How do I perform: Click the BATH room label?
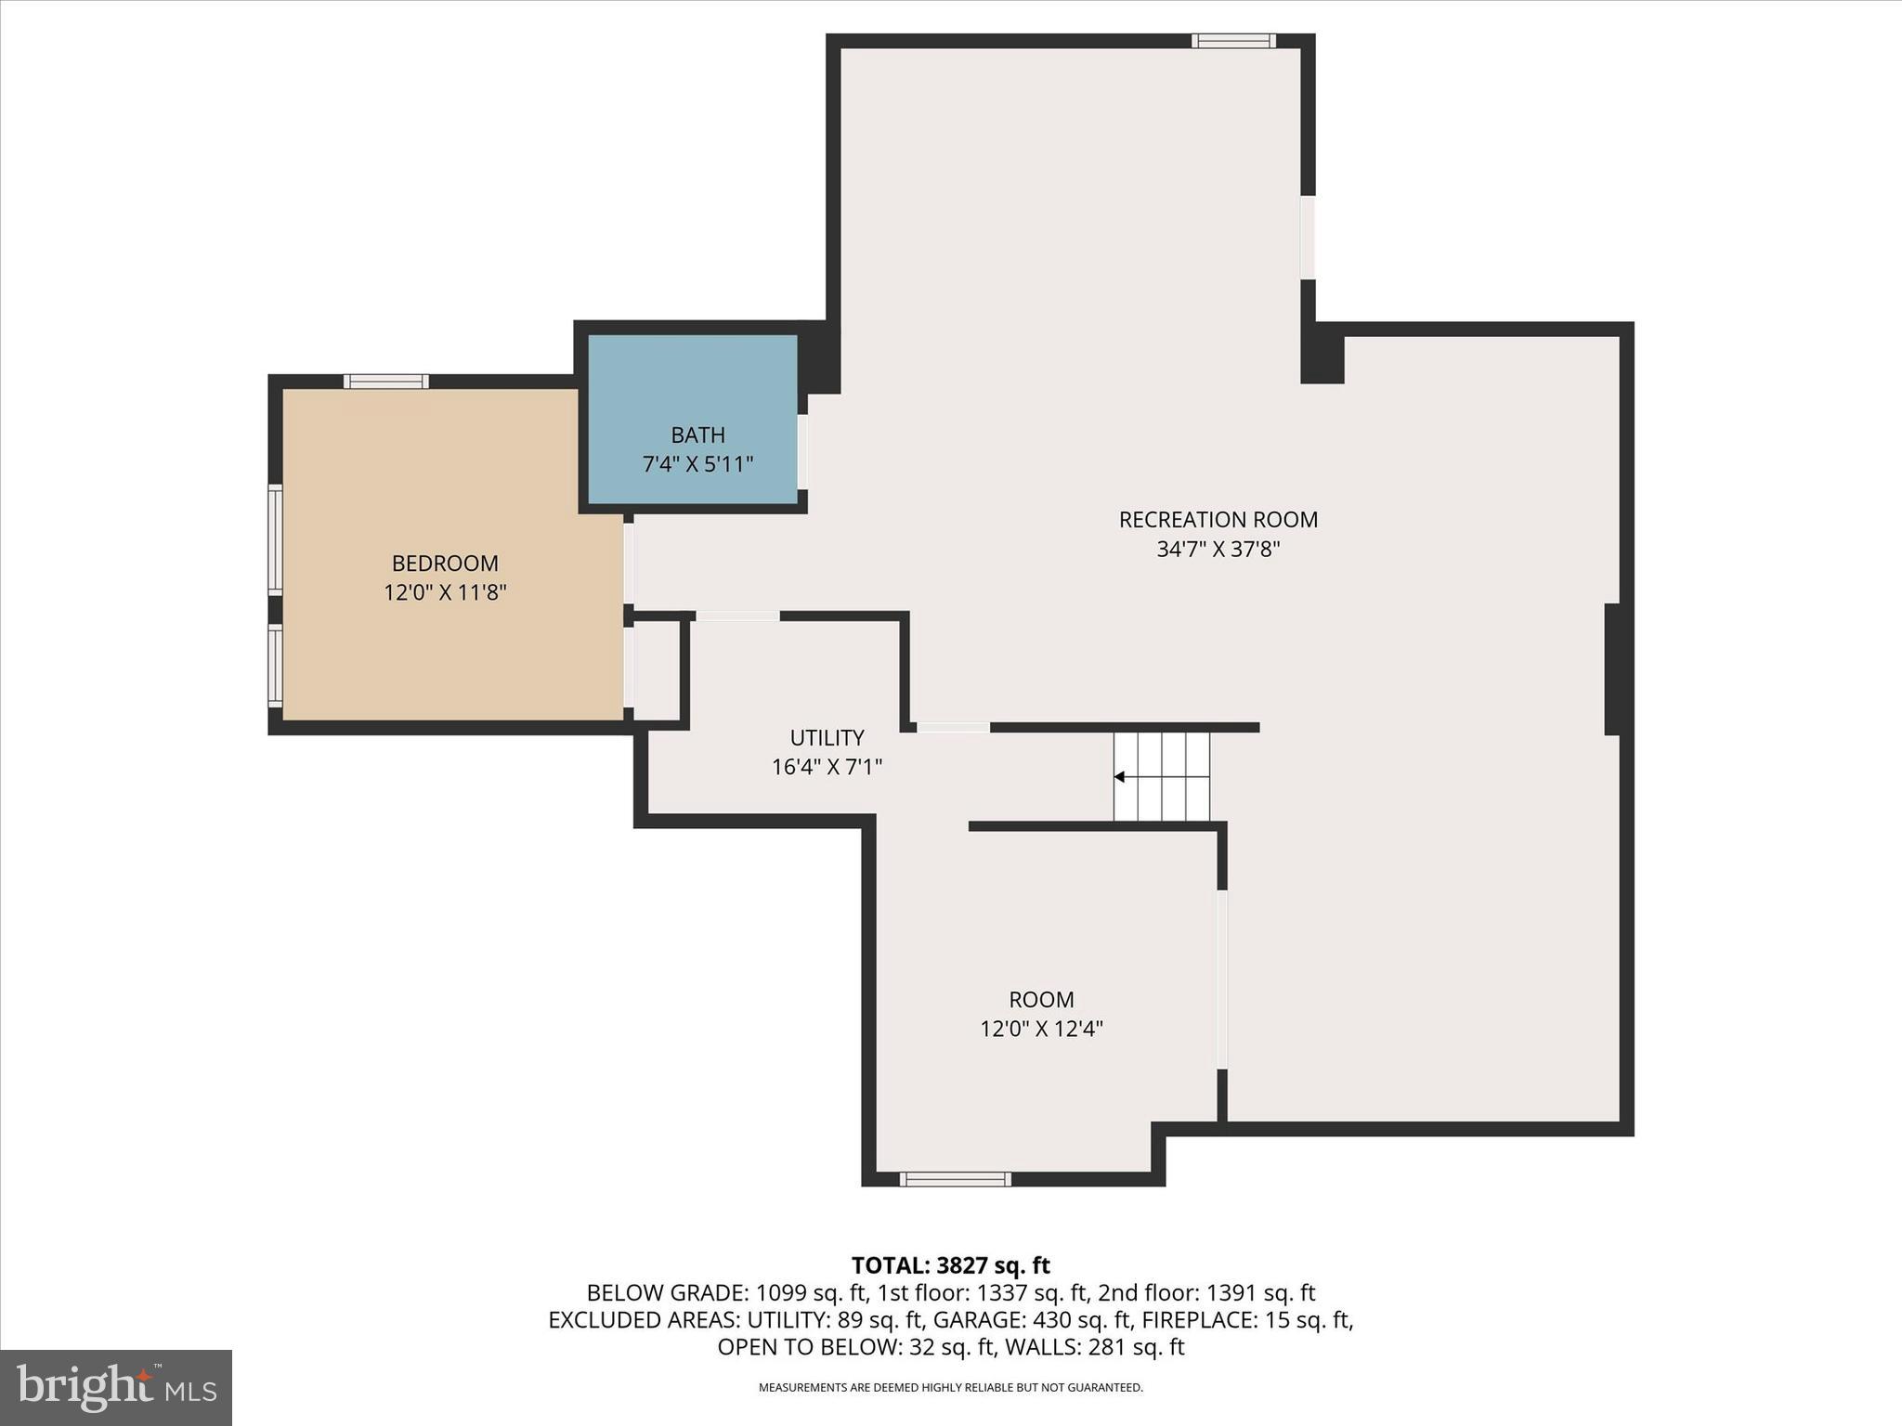pos(697,434)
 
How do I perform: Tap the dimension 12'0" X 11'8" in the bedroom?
pos(445,592)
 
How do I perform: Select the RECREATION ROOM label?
pos(1218,520)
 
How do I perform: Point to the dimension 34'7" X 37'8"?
pos(1218,549)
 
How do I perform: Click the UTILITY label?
pos(827,738)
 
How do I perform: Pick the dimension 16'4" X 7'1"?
pos(827,767)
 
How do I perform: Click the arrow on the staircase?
pos(1120,777)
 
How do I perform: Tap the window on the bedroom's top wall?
pos(386,382)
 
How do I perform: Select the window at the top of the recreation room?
pos(1233,41)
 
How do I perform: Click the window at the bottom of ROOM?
pos(955,1179)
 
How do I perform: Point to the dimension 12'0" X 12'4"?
pos(1041,1029)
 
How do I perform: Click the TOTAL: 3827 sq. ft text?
pos(950,1265)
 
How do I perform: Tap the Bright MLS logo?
pos(116,1387)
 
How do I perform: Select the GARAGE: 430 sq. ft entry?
pos(1033,1320)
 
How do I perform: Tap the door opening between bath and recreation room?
pos(802,451)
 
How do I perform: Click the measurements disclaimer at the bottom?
pos(950,1388)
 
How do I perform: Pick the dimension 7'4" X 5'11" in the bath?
pos(697,464)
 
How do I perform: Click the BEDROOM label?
pos(445,564)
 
